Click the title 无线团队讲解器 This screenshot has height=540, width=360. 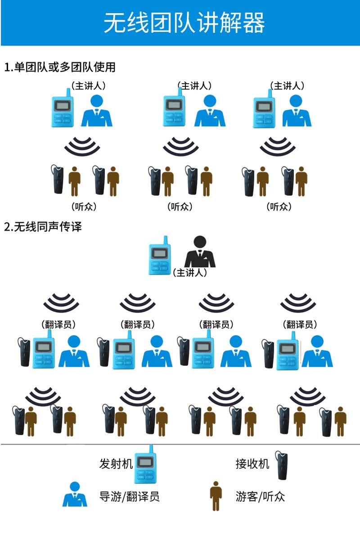(x=184, y=23)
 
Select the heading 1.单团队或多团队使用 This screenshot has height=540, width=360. (x=60, y=67)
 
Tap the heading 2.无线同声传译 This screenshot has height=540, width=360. (x=43, y=226)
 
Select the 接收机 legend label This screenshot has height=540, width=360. (x=252, y=463)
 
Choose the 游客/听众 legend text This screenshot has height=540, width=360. (x=260, y=496)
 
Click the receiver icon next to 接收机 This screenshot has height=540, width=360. (x=283, y=466)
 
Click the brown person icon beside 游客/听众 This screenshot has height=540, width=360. (x=216, y=496)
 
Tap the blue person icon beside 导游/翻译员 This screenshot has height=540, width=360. (x=75, y=495)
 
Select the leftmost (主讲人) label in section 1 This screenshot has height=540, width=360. (x=88, y=86)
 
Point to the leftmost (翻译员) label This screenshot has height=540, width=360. (x=58, y=324)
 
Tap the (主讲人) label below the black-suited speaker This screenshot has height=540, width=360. (x=190, y=273)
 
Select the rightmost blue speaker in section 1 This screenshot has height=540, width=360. (x=297, y=111)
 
